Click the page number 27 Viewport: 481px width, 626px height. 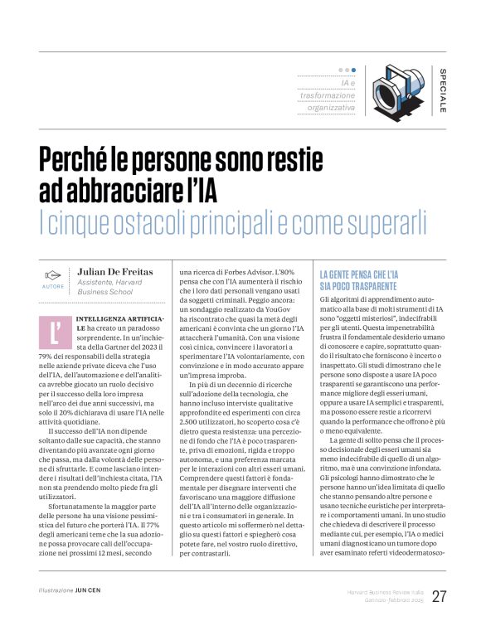[x=439, y=596]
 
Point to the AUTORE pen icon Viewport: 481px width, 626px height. [x=52, y=275]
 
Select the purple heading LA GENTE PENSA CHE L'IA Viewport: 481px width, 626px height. [x=358, y=274]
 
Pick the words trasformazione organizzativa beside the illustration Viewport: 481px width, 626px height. [x=330, y=101]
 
